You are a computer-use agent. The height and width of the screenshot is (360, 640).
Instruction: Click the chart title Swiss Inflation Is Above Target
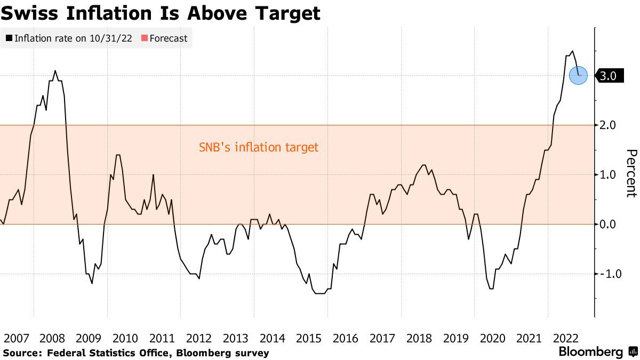point(161,13)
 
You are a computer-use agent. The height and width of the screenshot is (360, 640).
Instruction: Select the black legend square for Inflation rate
point(9,38)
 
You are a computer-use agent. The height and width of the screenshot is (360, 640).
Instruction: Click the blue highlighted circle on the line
point(579,75)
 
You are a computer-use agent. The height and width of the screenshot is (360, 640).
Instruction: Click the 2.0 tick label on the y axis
point(607,125)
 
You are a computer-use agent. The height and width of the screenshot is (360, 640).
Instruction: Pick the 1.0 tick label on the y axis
point(607,175)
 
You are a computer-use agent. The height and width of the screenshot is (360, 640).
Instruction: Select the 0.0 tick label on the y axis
point(607,225)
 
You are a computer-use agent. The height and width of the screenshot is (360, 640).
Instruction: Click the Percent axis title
point(630,173)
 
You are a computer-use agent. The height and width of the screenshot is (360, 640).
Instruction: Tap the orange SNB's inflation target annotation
point(258,147)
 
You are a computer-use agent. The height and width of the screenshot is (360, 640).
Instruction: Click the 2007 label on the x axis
point(16,338)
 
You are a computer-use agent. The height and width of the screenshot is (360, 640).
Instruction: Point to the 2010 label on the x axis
point(125,338)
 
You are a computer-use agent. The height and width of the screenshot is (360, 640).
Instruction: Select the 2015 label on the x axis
point(309,338)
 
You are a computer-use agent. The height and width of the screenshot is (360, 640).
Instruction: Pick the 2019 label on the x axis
point(456,338)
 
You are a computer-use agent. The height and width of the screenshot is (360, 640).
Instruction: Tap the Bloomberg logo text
point(590,352)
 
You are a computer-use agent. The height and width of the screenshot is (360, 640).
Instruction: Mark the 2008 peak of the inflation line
point(55,70)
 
